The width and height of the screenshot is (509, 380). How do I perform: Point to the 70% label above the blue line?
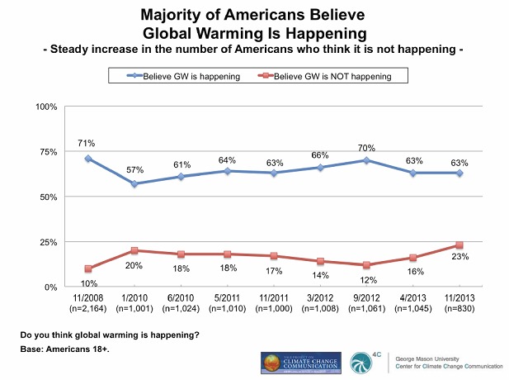[366, 148]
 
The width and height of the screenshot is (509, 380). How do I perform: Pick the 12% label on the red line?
[366, 280]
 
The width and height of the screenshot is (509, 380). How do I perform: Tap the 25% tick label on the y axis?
[47, 243]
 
